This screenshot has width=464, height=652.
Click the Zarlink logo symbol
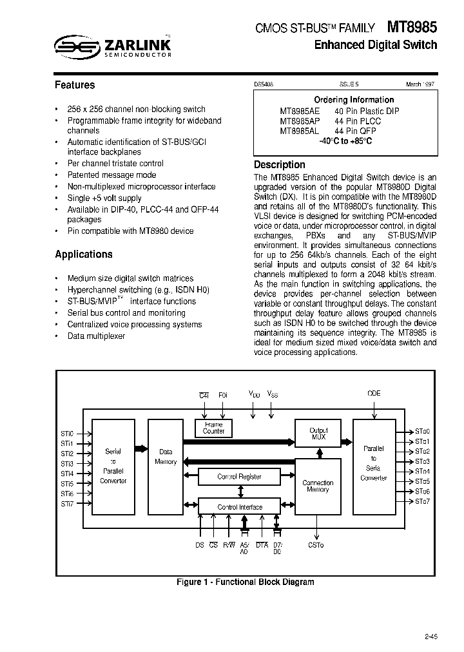pyautogui.click(x=75, y=46)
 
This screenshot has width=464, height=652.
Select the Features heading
pyautogui.click(x=75, y=85)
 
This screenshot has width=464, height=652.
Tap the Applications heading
pyautogui.click(x=84, y=254)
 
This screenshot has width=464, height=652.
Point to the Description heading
pyautogui.click(x=280, y=165)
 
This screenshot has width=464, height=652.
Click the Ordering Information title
pyautogui.click(x=354, y=100)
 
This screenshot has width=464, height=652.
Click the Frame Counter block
pyautogui.click(x=213, y=428)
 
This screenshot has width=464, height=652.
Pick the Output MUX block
pyautogui.click(x=318, y=433)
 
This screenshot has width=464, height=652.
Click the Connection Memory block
pyautogui.click(x=318, y=486)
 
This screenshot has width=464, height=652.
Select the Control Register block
pyautogui.click(x=239, y=477)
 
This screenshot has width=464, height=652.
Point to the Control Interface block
pyautogui.click(x=240, y=507)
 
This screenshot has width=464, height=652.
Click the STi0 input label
pyautogui.click(x=68, y=434)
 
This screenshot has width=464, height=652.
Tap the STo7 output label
pyautogui.click(x=422, y=501)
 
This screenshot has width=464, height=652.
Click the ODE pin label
pyautogui.click(x=374, y=394)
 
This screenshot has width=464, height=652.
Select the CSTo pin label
pyautogui.click(x=316, y=545)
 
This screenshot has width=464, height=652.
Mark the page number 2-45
pyautogui.click(x=430, y=637)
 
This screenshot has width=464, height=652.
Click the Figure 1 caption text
pyautogui.click(x=246, y=582)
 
